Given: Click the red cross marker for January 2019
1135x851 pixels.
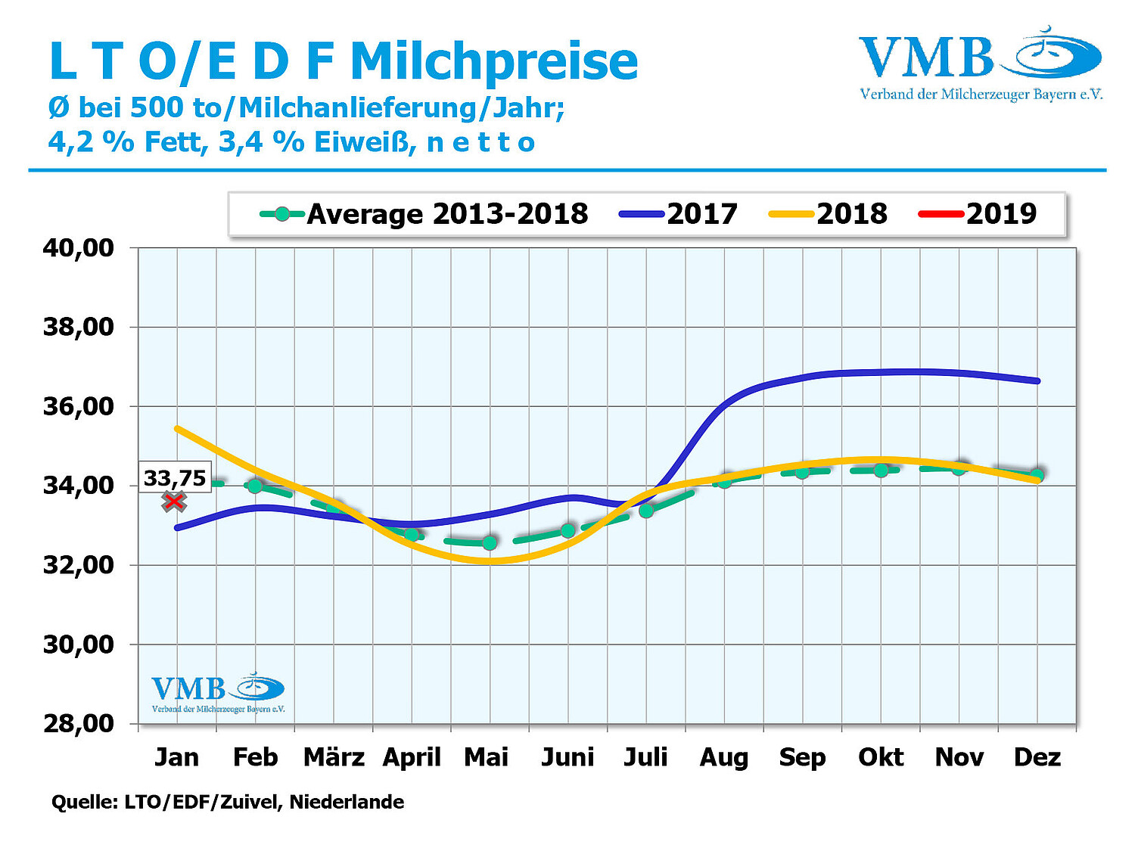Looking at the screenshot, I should coord(174,501).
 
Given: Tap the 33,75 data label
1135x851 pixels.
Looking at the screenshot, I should coord(175,478).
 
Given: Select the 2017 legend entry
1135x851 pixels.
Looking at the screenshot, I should coord(678,214).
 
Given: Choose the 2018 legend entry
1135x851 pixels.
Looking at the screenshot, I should coord(828,214).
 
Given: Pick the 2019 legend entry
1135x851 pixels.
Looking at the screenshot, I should coord(977,214).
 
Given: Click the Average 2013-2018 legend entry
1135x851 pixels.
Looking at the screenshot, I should coord(424,214).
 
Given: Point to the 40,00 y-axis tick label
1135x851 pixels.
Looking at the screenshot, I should coord(79,247).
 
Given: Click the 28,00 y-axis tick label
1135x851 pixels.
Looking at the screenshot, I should coord(79,723).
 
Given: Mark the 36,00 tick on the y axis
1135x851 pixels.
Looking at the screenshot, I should coord(79,406).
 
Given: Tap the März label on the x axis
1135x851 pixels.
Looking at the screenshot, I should coord(334,757).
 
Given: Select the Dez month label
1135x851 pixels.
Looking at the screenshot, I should coord(1037,757).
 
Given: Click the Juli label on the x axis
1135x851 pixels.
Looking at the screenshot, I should coord(645,757).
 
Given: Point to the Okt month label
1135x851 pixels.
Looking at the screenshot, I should coord(881,757).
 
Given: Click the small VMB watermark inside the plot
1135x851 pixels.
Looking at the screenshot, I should coord(218,692).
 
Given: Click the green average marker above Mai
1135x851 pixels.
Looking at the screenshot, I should coord(490,543).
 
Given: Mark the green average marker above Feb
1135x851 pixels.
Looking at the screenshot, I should coord(255,486).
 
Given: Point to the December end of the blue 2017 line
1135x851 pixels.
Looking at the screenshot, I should coord(1037,380).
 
